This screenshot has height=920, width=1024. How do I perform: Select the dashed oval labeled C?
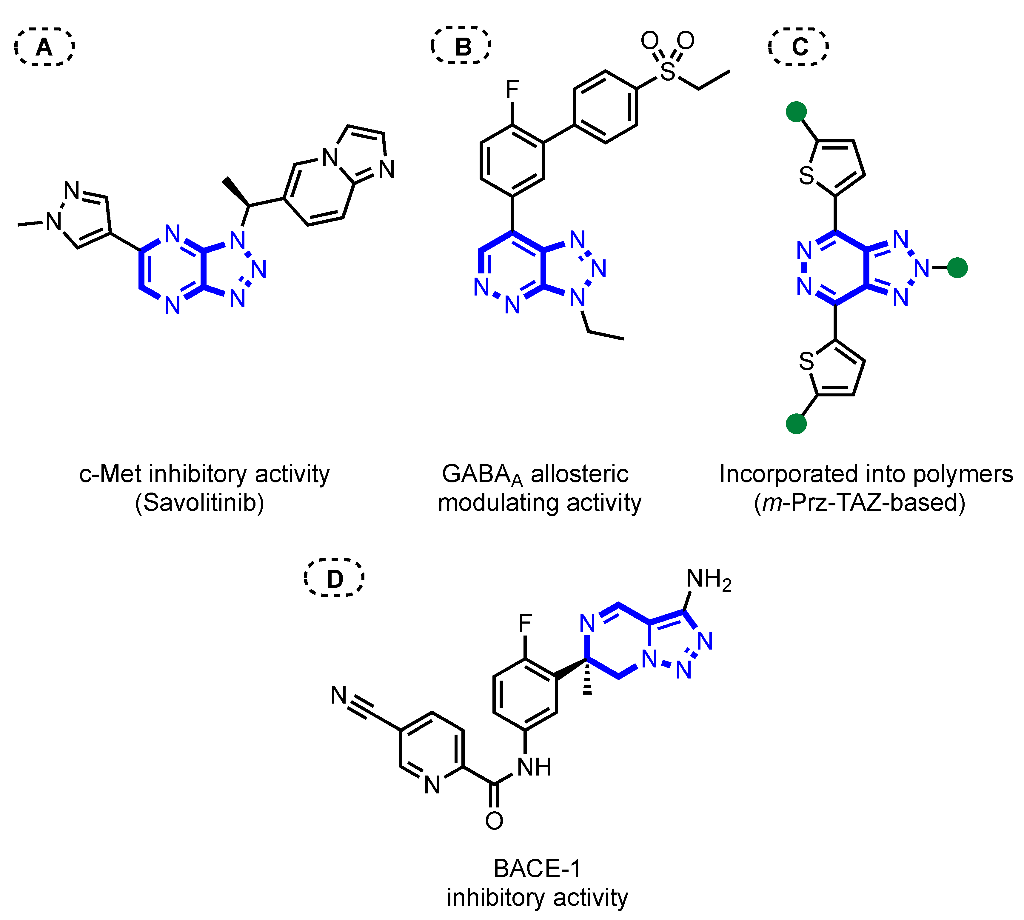(x=799, y=47)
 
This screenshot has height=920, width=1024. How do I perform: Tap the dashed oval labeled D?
(x=334, y=578)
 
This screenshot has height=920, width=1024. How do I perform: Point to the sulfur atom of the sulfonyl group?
(x=667, y=72)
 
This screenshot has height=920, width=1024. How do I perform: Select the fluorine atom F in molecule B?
(x=512, y=90)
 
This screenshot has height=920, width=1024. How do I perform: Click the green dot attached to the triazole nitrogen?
(x=957, y=268)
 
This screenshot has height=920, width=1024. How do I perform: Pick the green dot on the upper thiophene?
(x=797, y=112)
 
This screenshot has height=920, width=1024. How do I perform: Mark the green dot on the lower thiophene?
(x=797, y=424)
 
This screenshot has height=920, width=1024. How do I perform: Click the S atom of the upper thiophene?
(x=807, y=176)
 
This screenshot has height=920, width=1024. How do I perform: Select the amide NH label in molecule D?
(x=534, y=767)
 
